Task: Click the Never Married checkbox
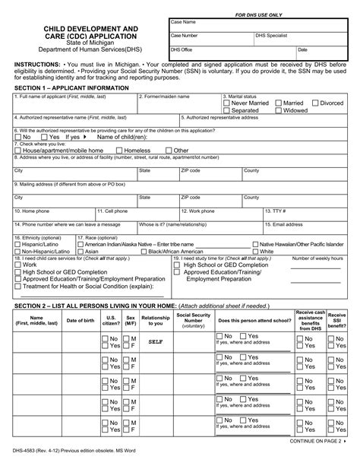[x=227, y=103]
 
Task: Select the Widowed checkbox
[x=277, y=111]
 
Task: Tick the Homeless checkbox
[x=119, y=151]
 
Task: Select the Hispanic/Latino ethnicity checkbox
[x=17, y=244]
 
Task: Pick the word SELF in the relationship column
[x=156, y=342]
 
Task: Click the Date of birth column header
[x=80, y=320]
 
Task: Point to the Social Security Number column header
[x=194, y=319]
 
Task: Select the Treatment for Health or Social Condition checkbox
[x=17, y=287]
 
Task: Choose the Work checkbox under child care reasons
[x=17, y=265]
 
